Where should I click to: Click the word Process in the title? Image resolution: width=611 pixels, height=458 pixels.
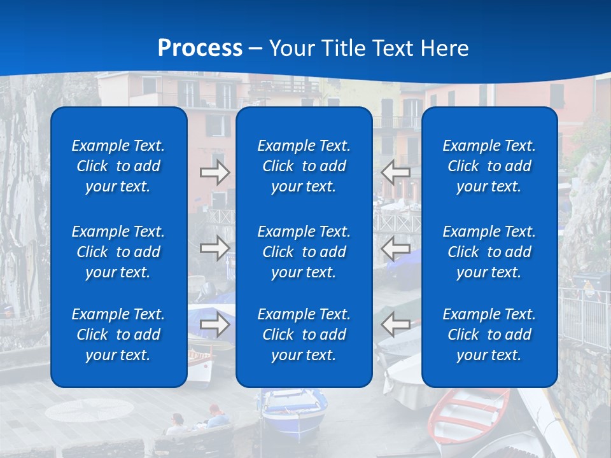pos(200,48)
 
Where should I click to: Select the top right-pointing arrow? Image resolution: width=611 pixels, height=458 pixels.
pos(214,172)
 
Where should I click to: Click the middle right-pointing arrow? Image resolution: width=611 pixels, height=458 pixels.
pos(214,248)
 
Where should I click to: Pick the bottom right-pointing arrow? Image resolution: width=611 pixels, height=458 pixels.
pos(214,324)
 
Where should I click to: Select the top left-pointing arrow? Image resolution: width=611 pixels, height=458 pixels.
pos(395,172)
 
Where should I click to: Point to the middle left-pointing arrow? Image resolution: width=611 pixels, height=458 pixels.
pos(395,248)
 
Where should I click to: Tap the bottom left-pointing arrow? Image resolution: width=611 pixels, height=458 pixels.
pos(395,324)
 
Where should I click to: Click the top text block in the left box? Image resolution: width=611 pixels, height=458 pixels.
pos(118,166)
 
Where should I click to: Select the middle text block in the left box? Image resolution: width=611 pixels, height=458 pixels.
pos(118,252)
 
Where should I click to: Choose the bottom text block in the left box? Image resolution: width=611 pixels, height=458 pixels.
pos(118,335)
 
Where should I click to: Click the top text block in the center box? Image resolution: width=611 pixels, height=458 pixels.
pos(304,166)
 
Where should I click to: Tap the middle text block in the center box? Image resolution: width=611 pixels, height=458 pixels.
pos(304,252)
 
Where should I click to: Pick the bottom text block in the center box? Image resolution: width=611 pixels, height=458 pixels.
pos(304,335)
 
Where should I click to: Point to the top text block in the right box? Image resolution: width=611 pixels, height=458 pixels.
pos(489,166)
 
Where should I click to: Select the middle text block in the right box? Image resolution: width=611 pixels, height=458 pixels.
pos(489,252)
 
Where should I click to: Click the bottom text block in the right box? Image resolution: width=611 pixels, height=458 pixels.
pos(489,335)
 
